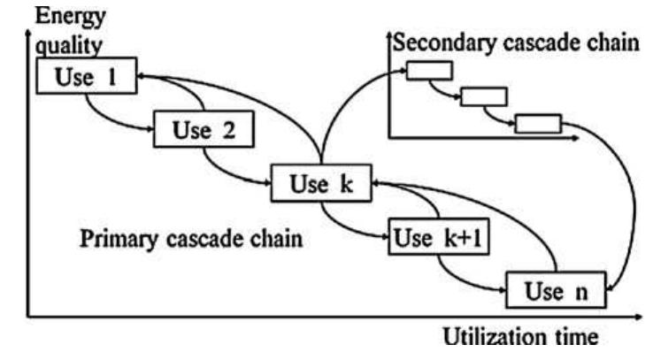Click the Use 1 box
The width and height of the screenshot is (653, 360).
85,76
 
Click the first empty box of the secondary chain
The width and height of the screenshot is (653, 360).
429,71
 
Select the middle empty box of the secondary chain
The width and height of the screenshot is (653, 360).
484,96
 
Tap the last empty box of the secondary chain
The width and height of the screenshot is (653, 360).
538,123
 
